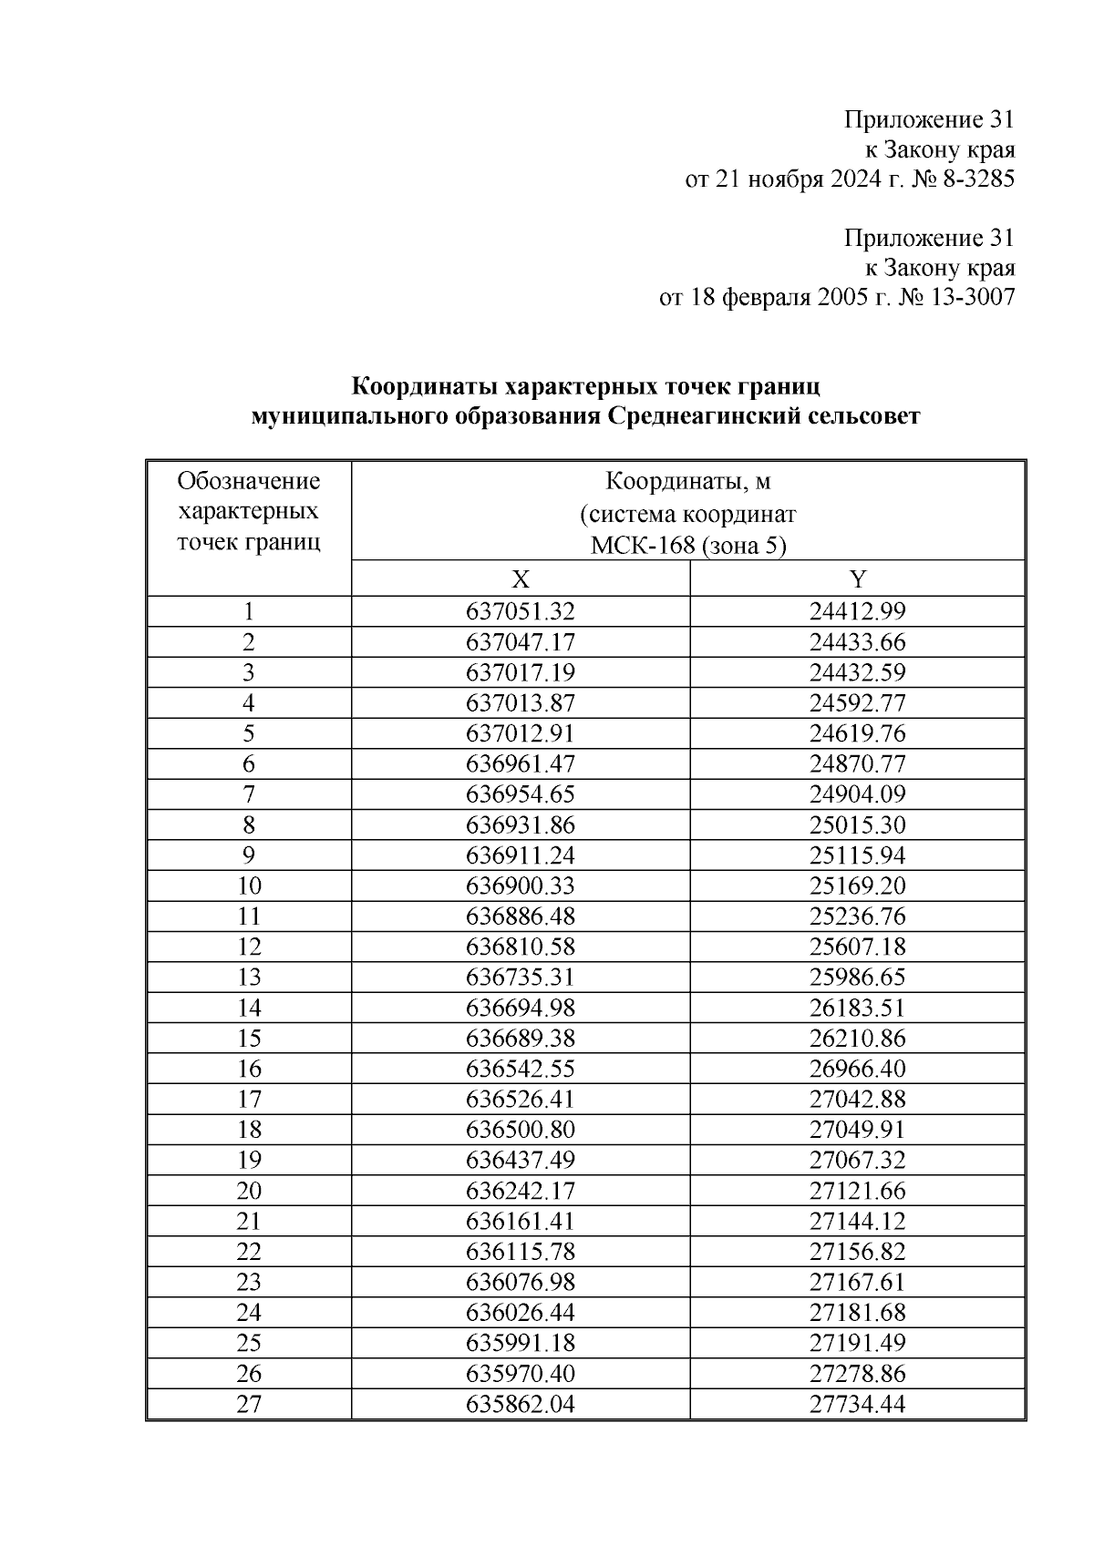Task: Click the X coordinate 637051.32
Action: pyautogui.click(x=521, y=611)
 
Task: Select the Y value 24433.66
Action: pyautogui.click(x=857, y=642)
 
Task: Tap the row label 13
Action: pyautogui.click(x=249, y=978)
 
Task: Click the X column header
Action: pyautogui.click(x=521, y=579)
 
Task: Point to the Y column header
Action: pyautogui.click(x=857, y=579)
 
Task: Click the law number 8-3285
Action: pyautogui.click(x=975, y=179)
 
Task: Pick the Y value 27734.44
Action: pyautogui.click(x=857, y=1404)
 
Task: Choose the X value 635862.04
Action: pyautogui.click(x=521, y=1404)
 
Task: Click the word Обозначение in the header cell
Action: pyautogui.click(x=249, y=481)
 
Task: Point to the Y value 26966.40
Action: pyautogui.click(x=857, y=1069)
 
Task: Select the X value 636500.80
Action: pyautogui.click(x=521, y=1130)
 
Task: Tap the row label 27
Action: pyautogui.click(x=249, y=1404)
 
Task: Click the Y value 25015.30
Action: pyautogui.click(x=857, y=825)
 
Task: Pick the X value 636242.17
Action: pyautogui.click(x=521, y=1191)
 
